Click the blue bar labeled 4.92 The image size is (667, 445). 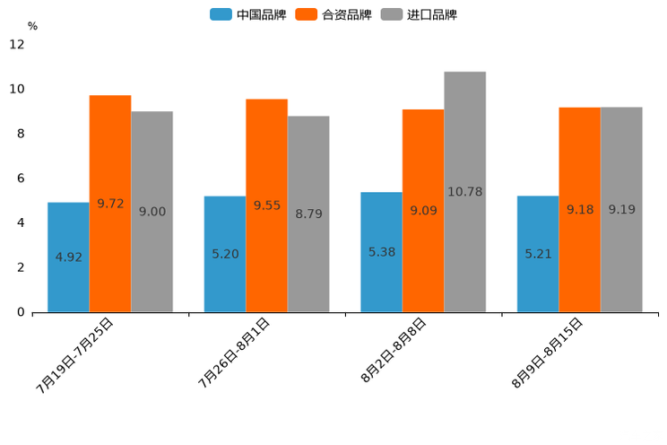point(68,257)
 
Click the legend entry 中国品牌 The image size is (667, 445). point(248,14)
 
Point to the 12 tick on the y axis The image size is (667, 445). point(17,45)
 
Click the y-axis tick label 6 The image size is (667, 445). point(21,179)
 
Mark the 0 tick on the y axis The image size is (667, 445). point(21,312)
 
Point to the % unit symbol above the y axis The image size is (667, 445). point(32,26)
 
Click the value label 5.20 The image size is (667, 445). point(225,254)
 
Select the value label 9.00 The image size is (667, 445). point(152,212)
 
